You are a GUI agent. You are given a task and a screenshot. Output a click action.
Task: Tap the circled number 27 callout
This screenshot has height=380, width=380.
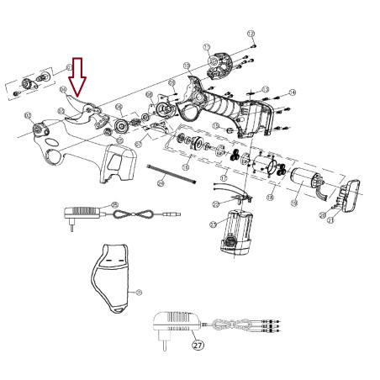tap(197, 343)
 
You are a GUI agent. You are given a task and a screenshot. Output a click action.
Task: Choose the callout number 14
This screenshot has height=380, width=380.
tap(292, 92)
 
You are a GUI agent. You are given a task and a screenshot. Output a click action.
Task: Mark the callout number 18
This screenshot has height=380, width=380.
tap(271, 197)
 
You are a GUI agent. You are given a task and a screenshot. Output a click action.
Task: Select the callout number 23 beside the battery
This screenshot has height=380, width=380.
tap(212, 224)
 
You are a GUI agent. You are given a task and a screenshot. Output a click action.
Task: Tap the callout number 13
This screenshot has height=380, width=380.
tap(264, 88)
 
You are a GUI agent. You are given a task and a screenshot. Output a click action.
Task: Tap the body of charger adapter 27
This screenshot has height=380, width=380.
tap(174, 324)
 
